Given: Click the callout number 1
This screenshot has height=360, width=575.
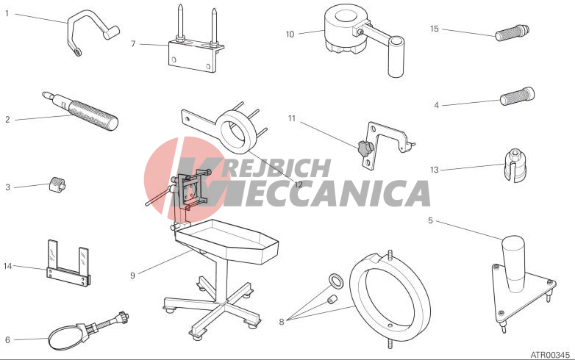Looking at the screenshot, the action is coord(7,14).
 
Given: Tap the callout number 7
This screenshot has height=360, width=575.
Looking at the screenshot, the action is coord(133,44).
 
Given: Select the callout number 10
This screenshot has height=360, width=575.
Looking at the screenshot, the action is coord(290,35).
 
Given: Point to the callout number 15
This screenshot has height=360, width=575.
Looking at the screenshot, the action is coord(434,29).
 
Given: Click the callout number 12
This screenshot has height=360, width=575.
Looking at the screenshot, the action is coord(299,184).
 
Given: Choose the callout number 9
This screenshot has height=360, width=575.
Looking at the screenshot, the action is coord(133,276).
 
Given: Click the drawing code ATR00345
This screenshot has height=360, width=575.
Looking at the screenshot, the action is coord(550,355).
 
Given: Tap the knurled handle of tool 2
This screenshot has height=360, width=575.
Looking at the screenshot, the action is coord(93,116).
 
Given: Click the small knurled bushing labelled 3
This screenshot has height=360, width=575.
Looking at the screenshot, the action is coord(57,184).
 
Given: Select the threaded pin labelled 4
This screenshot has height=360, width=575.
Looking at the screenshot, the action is coord(518,96).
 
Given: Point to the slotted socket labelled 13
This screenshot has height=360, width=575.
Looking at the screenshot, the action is coord(515,165).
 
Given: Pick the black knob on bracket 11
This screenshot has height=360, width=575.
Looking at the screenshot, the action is coord(365,148).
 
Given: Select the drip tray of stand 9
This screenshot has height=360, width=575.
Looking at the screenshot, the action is coord(226,241).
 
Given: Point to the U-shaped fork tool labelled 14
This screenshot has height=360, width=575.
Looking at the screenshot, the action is coord(68,263).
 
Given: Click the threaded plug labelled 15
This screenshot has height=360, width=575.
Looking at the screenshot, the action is coord(512,32).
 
